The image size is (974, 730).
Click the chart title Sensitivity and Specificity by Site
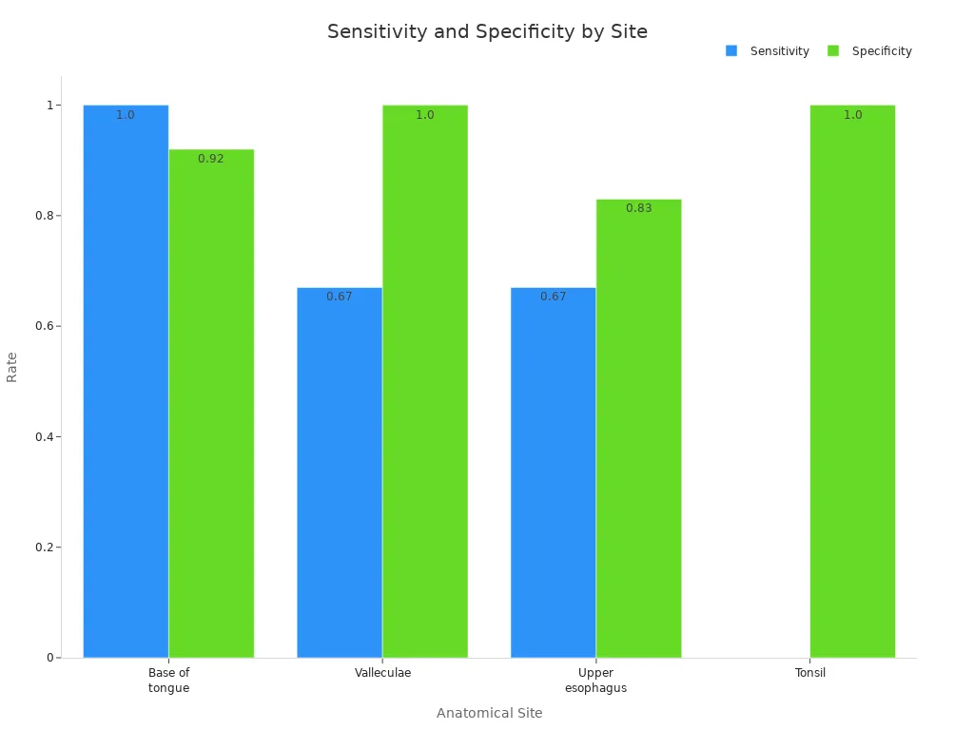[x=487, y=31]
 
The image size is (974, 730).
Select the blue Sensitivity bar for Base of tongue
[x=126, y=380]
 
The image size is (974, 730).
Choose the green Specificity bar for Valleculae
[x=425, y=380]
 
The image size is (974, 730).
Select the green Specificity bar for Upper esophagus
[x=639, y=428]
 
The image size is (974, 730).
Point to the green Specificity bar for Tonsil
[x=852, y=380]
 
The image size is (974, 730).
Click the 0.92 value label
[x=211, y=159]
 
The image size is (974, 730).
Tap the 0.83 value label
[x=639, y=208]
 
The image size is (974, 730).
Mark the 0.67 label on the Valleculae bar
[x=340, y=297]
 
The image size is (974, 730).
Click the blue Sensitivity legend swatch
[x=731, y=51]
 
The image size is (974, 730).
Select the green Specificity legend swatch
[x=833, y=51]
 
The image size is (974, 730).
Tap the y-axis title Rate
[x=12, y=367]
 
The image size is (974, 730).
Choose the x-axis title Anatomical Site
[x=489, y=713]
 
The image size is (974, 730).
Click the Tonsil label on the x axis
[x=810, y=673]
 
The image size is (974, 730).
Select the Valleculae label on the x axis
[x=382, y=673]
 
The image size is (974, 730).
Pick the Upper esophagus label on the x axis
[x=595, y=681]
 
